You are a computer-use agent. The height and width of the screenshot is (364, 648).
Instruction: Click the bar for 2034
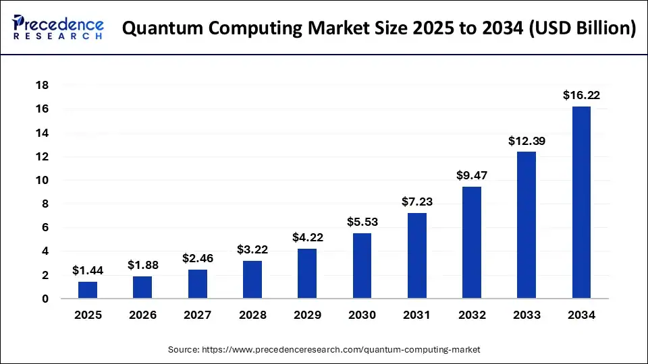581,202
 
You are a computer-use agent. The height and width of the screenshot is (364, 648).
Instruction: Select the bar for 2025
88,290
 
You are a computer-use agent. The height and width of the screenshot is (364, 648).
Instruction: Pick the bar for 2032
472,243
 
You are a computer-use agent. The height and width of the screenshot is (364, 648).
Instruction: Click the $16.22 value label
581,95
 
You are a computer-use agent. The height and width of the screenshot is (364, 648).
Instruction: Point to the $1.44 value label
88,270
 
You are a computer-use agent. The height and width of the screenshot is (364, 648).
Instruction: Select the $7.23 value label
416,202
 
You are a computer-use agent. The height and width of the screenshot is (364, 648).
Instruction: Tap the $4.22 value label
307,237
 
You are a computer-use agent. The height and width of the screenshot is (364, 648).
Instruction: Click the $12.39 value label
526,141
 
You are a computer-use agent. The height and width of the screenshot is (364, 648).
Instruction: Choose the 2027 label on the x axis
197,315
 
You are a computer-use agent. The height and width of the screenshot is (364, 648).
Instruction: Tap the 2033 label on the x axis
526,315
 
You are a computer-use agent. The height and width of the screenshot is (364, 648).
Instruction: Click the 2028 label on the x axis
252,315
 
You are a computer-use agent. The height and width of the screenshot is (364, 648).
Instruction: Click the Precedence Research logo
58,28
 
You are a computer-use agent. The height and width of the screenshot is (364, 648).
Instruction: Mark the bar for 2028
252,280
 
